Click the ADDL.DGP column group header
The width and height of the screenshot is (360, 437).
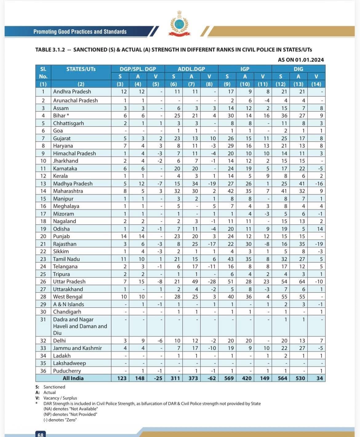click(x=191, y=69)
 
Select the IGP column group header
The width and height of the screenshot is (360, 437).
click(x=245, y=69)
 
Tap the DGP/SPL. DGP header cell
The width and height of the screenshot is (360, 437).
click(x=138, y=69)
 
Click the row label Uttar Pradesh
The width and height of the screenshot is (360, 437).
click(x=69, y=281)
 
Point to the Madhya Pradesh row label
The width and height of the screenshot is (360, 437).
click(x=73, y=184)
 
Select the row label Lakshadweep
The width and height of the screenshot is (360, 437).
click(x=69, y=363)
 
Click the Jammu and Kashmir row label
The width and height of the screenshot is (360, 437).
click(x=77, y=348)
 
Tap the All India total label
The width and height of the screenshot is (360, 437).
click(x=73, y=378)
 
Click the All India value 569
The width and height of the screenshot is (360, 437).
click(x=229, y=378)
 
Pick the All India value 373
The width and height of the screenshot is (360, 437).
click(x=193, y=378)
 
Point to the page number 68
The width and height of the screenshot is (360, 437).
click(x=40, y=434)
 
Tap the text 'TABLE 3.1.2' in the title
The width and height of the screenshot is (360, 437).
click(x=50, y=50)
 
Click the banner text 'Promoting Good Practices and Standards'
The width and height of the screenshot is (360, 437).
click(x=80, y=31)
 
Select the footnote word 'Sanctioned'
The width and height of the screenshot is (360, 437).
click(x=54, y=387)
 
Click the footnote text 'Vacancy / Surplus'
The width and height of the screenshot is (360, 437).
click(x=60, y=398)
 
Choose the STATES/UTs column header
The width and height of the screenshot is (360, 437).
click(x=81, y=69)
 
